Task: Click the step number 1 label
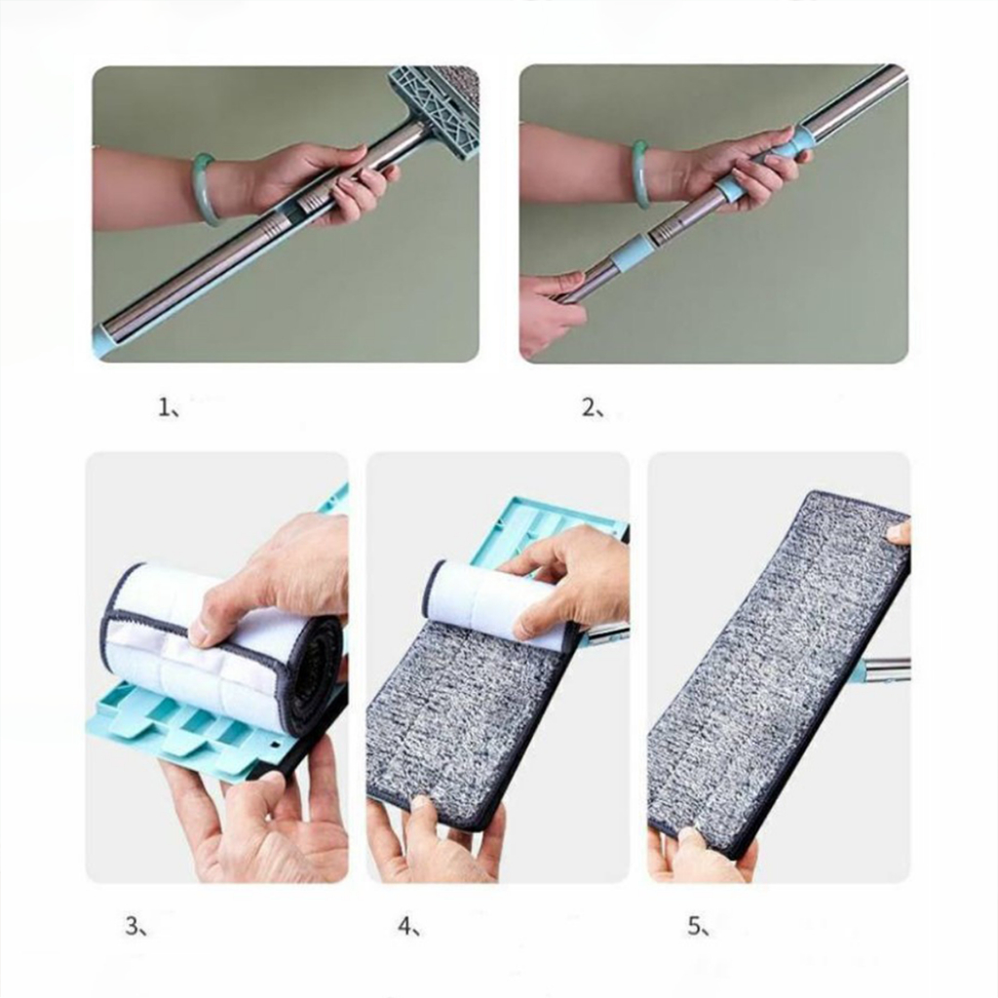pos(168,406)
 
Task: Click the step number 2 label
pos(592,406)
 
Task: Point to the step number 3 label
pos(135,926)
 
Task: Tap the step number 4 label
pos(408,926)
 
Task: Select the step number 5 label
pos(697,926)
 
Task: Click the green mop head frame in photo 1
pos(433,109)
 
